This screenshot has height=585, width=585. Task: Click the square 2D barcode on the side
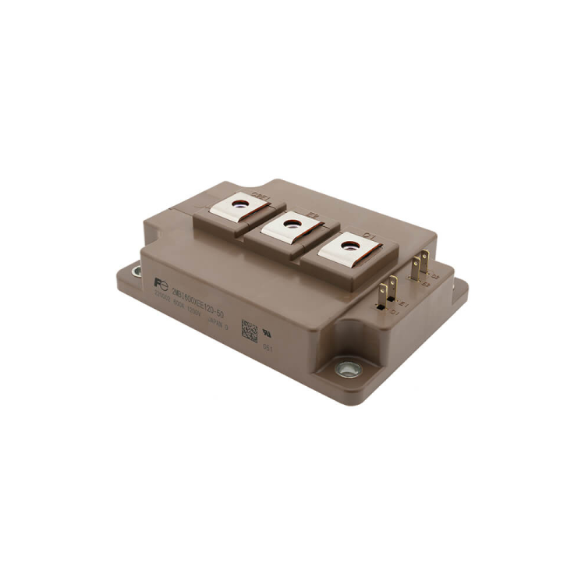coord(249,330)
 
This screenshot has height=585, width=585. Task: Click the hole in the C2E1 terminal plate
coord(243,204)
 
